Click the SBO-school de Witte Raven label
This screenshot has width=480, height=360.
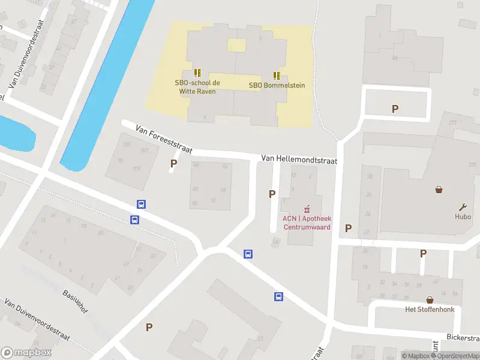(x=197, y=87)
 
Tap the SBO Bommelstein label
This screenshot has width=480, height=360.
(x=277, y=85)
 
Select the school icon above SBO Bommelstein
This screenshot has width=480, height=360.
(x=277, y=75)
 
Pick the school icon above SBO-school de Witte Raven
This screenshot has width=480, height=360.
(x=197, y=72)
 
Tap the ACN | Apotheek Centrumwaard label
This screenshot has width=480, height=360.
(x=307, y=223)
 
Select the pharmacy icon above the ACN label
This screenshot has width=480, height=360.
(x=307, y=209)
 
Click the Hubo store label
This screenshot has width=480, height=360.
(x=463, y=217)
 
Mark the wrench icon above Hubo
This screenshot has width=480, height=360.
(x=463, y=206)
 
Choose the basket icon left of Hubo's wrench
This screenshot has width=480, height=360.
(x=439, y=190)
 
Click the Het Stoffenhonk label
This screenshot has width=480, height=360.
(x=430, y=310)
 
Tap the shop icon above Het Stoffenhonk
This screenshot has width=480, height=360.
(x=430, y=299)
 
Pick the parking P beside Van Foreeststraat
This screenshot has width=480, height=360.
(x=174, y=163)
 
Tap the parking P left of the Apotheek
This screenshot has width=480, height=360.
(x=272, y=194)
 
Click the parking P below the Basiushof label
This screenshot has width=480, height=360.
(x=149, y=327)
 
